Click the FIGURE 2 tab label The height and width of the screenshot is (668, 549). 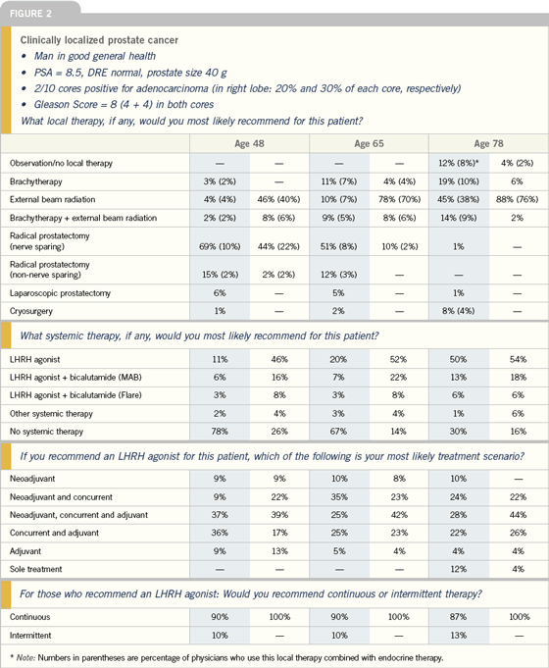point(30,14)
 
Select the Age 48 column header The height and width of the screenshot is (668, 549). point(249,143)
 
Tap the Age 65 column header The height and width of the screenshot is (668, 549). point(369,143)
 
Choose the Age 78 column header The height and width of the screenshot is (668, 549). point(488,143)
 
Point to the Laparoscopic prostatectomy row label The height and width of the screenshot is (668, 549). point(60,293)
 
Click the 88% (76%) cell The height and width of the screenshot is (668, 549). point(517,199)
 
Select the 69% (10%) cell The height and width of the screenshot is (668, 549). point(220,246)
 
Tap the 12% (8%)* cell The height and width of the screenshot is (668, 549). point(458,163)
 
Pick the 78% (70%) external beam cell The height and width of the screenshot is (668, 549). point(399,199)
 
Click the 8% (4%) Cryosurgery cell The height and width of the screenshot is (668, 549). point(458,311)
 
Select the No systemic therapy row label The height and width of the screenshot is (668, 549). point(46,432)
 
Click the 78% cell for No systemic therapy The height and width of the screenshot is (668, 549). point(220,432)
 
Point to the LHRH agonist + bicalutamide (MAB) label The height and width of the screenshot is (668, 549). point(75,377)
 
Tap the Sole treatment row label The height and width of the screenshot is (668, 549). point(35,569)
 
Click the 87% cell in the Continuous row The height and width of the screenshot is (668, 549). point(458,616)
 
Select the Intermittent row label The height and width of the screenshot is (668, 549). point(30,636)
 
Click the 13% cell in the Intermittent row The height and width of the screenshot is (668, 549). point(458,636)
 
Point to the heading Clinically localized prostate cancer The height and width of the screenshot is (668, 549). point(99,40)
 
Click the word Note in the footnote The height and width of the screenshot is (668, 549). point(26,657)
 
